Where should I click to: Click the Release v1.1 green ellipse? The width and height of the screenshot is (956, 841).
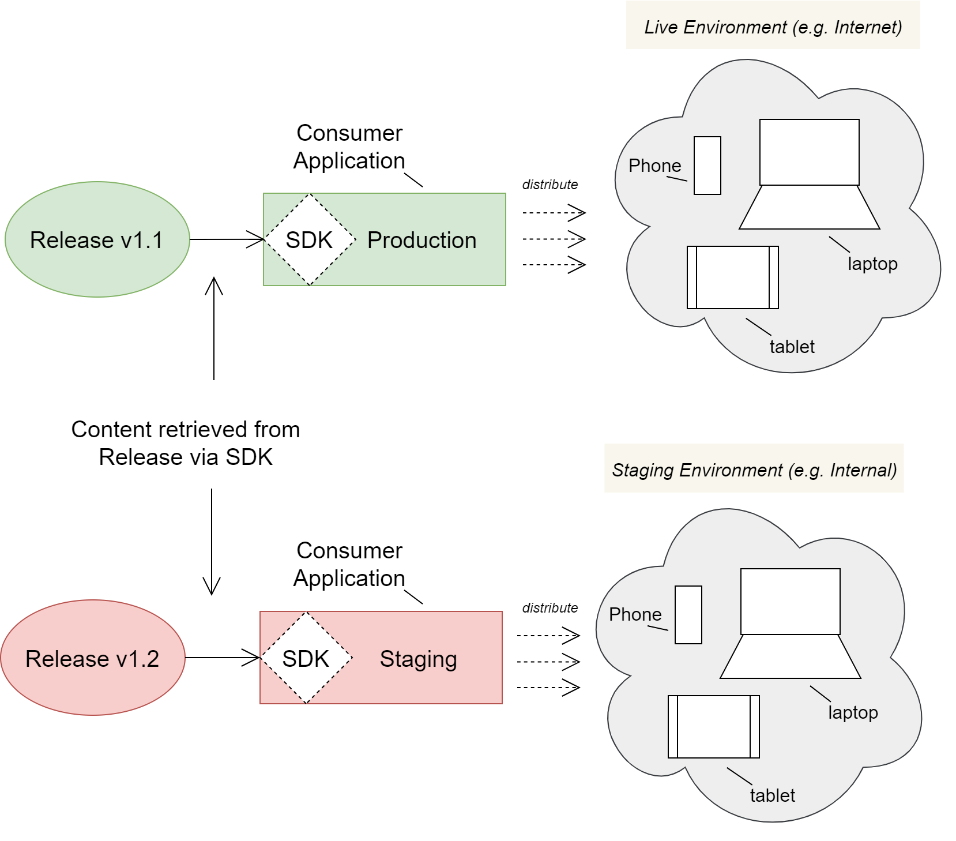[97, 240]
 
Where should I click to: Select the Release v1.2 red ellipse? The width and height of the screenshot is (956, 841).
[92, 658]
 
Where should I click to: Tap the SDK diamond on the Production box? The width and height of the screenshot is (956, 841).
[309, 239]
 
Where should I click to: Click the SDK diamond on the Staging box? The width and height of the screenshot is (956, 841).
[306, 658]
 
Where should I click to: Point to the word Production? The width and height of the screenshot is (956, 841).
[421, 240]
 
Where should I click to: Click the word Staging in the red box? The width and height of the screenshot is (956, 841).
[418, 659]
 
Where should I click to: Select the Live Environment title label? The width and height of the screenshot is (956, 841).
[773, 27]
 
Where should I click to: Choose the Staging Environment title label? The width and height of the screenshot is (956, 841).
[754, 470]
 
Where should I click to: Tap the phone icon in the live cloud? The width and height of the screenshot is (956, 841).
[707, 166]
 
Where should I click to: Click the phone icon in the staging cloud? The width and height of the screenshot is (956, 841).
[688, 614]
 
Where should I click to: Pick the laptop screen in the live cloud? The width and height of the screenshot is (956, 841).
[809, 152]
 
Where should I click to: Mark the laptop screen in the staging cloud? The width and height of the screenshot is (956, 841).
[790, 602]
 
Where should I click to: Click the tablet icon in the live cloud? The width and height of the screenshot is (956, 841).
[732, 277]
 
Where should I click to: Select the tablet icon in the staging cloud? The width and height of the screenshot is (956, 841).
[713, 727]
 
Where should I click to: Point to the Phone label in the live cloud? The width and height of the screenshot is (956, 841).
[654, 166]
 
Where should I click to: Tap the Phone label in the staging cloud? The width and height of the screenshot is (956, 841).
[635, 614]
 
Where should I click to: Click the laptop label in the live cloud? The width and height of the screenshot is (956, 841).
[872, 264]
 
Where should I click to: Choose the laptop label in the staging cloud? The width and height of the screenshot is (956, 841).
[853, 712]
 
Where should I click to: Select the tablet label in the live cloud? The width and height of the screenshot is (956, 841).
[792, 347]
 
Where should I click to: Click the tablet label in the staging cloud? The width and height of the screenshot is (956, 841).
[772, 795]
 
